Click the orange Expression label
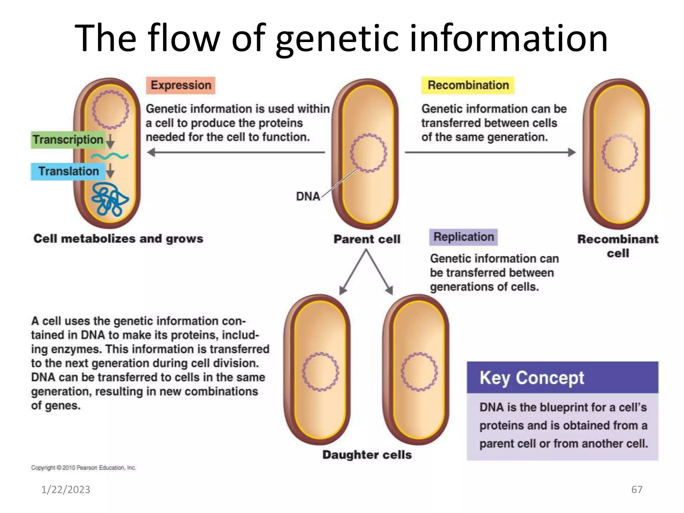[x=181, y=85]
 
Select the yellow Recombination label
[x=468, y=85]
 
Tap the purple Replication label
[x=463, y=237]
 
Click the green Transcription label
[x=68, y=140]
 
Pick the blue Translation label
[x=68, y=171]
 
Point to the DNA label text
[x=308, y=196]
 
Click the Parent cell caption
[x=367, y=239]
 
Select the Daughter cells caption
[x=367, y=455]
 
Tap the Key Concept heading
[x=532, y=378]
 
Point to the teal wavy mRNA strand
[x=110, y=156]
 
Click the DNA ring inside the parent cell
[x=368, y=153]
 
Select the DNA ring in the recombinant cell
[x=620, y=153]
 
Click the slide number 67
[x=637, y=490]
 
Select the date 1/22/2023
[x=66, y=490]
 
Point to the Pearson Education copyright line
[x=83, y=468]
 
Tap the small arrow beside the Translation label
[x=110, y=171]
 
